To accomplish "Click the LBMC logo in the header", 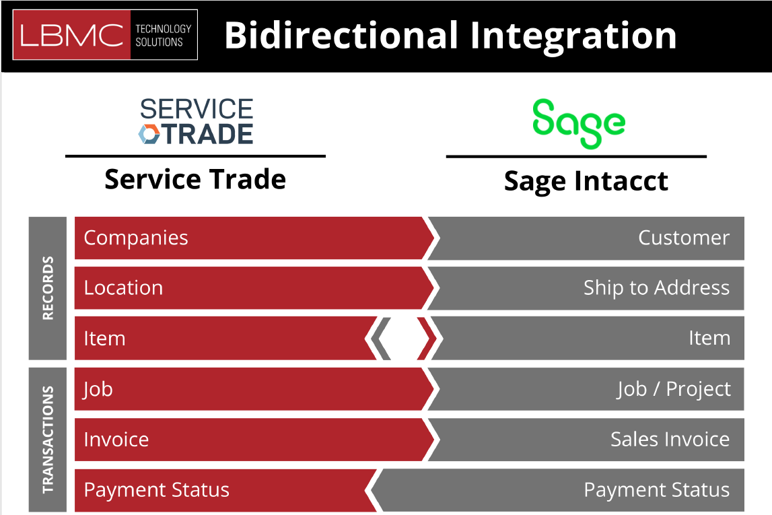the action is click(x=105, y=34).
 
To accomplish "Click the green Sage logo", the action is click(x=579, y=124).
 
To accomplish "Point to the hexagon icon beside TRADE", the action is click(x=149, y=134).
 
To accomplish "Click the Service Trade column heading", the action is click(x=195, y=179).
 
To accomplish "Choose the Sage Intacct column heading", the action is click(x=586, y=180).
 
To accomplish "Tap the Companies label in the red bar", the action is click(x=136, y=238).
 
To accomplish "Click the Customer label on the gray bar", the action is click(x=684, y=238).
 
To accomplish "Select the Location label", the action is click(x=123, y=287).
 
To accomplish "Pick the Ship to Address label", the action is click(x=656, y=288).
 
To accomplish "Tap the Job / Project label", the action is click(x=674, y=389).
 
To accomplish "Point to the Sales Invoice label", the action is click(x=670, y=439).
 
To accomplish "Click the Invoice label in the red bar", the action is click(x=116, y=440).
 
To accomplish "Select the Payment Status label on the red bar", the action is click(x=157, y=490).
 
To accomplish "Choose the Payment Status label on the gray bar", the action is click(x=657, y=490).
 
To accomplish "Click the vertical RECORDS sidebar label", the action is click(x=48, y=288).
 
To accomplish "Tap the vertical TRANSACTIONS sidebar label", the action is click(x=48, y=440).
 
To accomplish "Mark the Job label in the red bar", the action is click(x=98, y=390).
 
